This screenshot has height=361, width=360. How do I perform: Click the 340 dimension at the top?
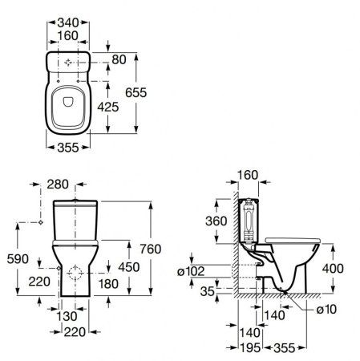pyautogui.click(x=68, y=22)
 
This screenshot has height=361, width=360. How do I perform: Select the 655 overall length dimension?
pyautogui.click(x=136, y=92)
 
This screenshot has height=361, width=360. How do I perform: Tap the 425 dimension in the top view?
pyautogui.click(x=108, y=107)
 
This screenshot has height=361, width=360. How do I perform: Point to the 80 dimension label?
pyautogui.click(x=119, y=59)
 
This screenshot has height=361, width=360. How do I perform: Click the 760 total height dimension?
pyautogui.click(x=151, y=249)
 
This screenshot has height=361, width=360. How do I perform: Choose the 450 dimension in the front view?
pyautogui.click(x=129, y=267)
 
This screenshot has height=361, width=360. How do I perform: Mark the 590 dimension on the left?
pyautogui.click(x=18, y=259)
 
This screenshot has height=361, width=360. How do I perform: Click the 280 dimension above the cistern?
pyautogui.click(x=58, y=185)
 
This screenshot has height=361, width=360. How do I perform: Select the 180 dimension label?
pyautogui.click(x=108, y=284)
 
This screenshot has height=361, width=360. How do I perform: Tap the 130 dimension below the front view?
pyautogui.click(x=67, y=317)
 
